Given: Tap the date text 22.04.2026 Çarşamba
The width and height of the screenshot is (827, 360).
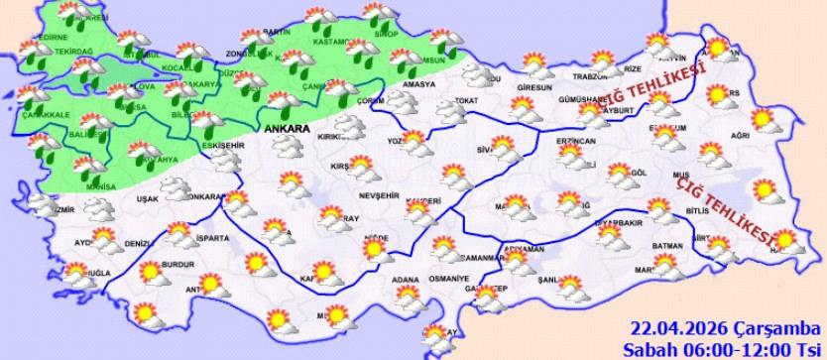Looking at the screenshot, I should coord(721,329).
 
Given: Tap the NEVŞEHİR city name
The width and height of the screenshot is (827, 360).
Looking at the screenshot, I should coord(357,194).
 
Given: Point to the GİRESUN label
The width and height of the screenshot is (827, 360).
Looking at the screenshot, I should coord(533,88).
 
